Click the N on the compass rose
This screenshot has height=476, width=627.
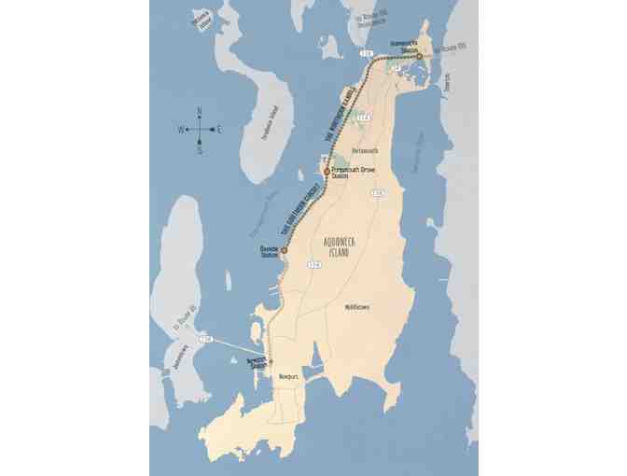200,111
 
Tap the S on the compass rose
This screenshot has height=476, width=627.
200,149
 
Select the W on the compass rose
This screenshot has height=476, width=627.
181,130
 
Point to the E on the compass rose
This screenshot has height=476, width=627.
219,130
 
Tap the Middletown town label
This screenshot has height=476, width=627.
356,306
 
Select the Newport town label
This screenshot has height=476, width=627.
287,376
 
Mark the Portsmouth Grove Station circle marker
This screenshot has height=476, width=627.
327,172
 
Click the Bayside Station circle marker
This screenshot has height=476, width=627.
284,250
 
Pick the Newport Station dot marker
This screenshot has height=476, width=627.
271,362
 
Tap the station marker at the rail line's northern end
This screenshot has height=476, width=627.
420,57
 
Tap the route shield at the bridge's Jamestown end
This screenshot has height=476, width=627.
207,337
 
